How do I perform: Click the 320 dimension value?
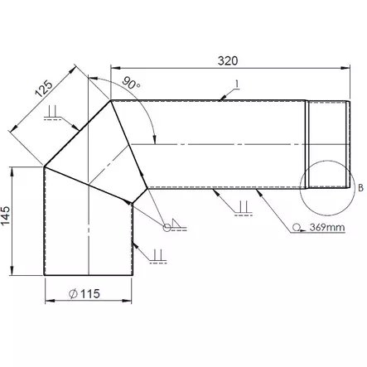point(228,60)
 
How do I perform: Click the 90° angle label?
point(130,85)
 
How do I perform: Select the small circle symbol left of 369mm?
point(296,226)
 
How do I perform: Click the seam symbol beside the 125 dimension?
point(52,112)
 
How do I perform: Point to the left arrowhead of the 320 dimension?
point(113,70)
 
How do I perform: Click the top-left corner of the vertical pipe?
point(44,165)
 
